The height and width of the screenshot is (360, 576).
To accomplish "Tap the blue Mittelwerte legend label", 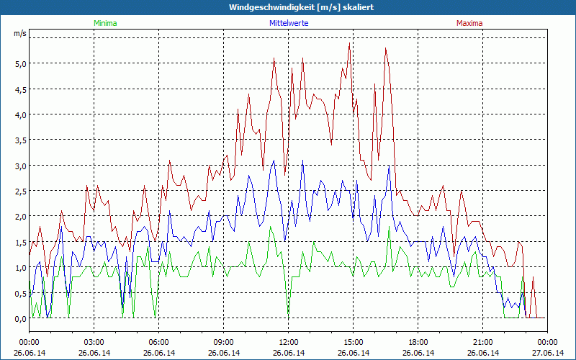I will point(288,23).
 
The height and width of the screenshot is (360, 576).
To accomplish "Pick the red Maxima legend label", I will point(469,23).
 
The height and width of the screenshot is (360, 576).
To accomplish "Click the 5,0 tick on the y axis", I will point(20,63).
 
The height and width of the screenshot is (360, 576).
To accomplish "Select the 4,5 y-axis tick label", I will point(20,89).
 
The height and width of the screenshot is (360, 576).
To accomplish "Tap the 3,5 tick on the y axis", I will point(20,140).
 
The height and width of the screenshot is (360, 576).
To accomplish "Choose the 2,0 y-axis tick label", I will point(20,217).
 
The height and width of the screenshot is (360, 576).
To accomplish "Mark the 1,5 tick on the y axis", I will point(20,242).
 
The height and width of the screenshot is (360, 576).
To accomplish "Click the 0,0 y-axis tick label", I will point(20,318).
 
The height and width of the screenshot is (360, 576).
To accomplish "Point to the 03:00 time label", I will point(94,342).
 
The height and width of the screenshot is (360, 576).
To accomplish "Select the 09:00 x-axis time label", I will point(224,342).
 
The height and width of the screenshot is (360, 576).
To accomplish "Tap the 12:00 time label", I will point(289,342).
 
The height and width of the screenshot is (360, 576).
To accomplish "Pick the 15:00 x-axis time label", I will point(354,342).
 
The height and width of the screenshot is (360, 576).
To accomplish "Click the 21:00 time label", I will point(483,342).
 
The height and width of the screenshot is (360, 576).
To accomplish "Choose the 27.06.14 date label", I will point(548,353).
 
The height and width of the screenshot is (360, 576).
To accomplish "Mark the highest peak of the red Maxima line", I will point(349,43).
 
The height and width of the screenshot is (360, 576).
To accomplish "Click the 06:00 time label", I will point(159,342).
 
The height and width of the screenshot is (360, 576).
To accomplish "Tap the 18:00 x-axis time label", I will point(418,342).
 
